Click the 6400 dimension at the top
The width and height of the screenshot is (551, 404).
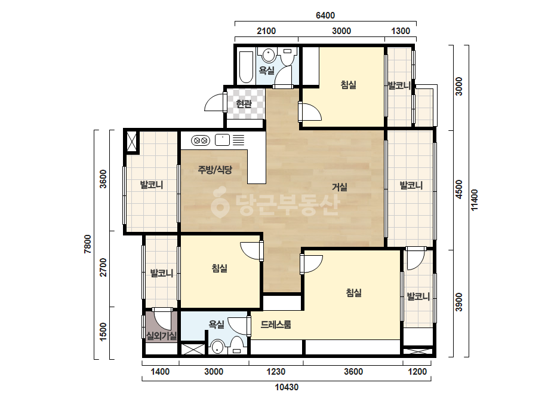[325, 16]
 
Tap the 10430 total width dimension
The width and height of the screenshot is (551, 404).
[287, 387]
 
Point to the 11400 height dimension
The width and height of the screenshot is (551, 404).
[475, 200]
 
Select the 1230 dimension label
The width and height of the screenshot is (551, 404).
[276, 372]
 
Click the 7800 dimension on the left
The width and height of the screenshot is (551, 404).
[88, 244]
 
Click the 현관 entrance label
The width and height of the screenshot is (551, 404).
[244, 104]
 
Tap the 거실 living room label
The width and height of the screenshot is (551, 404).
[340, 187]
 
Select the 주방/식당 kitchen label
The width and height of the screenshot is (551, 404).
[215, 170]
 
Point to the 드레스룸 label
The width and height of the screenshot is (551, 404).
[276, 325]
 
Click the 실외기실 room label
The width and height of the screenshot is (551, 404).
[161, 336]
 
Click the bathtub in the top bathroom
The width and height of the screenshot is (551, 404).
[246, 68]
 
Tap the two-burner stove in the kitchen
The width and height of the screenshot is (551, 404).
[201, 141]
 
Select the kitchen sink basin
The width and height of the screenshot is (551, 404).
[222, 140]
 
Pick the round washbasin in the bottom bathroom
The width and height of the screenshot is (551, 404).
[218, 348]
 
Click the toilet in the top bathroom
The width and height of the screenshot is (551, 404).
[288, 57]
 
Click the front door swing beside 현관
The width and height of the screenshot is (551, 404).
[214, 103]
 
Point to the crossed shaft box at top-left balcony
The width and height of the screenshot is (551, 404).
[132, 142]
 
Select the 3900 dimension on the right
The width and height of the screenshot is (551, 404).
[459, 302]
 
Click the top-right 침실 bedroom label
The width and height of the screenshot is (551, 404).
[348, 85]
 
